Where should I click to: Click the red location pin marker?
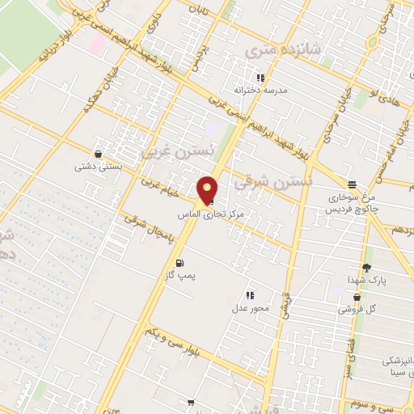[208, 190]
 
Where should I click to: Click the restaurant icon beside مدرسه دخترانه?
[260, 78]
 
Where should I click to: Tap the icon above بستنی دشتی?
[98, 154]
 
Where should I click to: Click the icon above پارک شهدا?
[366, 268]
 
